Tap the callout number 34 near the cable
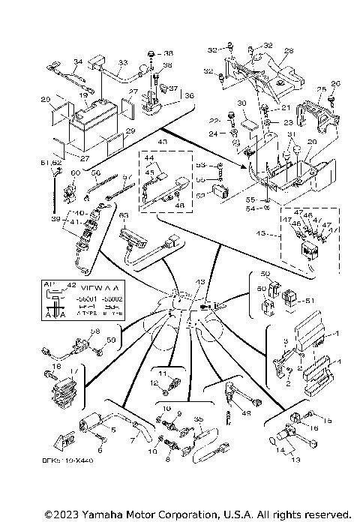coord(76,62)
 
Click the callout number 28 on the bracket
coord(289,52)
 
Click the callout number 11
coord(163,373)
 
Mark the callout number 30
coord(241,103)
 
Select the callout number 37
coord(174,88)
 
